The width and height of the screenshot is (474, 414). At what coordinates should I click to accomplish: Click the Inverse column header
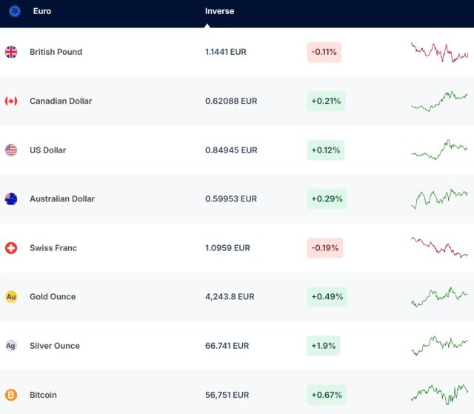click(219, 11)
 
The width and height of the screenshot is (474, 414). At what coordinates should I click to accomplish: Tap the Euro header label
click(42, 11)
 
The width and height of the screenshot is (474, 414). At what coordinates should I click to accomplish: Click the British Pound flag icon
click(11, 52)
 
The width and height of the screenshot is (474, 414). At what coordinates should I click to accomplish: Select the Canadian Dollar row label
click(61, 101)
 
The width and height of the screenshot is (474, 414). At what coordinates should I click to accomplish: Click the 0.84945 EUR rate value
click(231, 150)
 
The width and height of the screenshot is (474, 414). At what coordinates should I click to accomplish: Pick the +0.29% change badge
click(327, 199)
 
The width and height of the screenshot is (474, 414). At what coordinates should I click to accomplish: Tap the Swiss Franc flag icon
click(11, 248)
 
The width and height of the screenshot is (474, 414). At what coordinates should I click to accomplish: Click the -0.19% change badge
click(324, 248)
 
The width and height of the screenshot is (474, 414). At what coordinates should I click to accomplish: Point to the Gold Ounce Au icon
click(11, 297)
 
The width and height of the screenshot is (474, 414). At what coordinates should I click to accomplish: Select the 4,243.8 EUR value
click(230, 297)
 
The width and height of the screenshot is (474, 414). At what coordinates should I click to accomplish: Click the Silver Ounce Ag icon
click(11, 346)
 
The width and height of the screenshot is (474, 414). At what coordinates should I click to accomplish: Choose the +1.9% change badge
click(325, 346)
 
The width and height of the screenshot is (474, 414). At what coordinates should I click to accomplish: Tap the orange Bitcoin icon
click(11, 395)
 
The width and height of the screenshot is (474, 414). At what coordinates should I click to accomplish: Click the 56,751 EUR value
click(227, 395)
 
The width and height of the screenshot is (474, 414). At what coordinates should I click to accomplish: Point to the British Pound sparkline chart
click(439, 52)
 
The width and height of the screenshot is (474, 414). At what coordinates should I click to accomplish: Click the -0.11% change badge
click(324, 52)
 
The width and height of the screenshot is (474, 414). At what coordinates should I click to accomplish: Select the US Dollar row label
click(47, 150)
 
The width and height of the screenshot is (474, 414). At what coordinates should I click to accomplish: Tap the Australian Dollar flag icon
click(11, 199)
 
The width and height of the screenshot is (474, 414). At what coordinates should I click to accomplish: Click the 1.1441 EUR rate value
click(226, 52)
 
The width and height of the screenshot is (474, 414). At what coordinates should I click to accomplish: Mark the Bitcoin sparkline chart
click(439, 393)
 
